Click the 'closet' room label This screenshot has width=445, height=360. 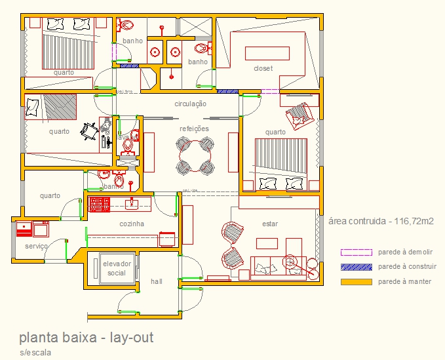(x=263, y=68)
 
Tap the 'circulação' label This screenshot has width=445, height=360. (x=191, y=104)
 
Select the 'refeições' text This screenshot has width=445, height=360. (x=194, y=129)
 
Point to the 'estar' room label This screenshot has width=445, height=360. (x=270, y=224)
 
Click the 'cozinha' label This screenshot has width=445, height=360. (x=132, y=224)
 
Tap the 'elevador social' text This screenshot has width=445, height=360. (x=117, y=268)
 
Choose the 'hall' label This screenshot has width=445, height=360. (x=156, y=281)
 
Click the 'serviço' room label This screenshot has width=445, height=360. (x=36, y=246)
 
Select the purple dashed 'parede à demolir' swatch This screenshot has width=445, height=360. (x=356, y=252)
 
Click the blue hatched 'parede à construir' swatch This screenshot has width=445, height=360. (x=356, y=267)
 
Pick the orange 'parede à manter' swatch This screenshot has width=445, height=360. (x=356, y=282)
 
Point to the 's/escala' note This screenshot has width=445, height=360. (x=35, y=352)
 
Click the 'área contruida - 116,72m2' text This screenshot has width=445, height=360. (x=380, y=222)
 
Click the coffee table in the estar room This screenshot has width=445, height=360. (x=267, y=243)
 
